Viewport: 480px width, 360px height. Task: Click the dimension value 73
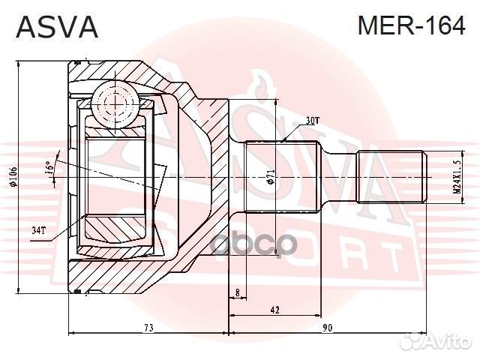pyautogui.click(x=148, y=328)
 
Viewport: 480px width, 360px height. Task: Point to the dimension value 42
pyautogui.click(x=275, y=308)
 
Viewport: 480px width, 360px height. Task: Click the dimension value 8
pyautogui.click(x=237, y=292)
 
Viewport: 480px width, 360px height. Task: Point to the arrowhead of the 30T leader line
pyautogui.click(x=286, y=139)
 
